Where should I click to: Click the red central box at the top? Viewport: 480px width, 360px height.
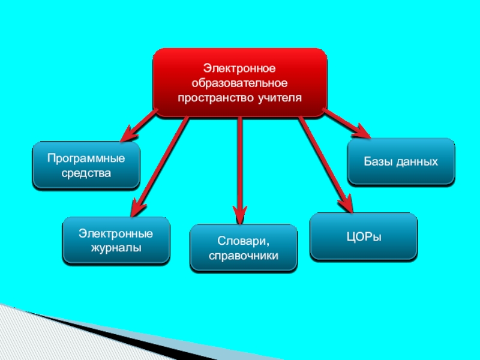240,82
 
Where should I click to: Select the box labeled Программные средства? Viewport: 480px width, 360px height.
86,166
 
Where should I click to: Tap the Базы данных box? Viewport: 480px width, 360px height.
401,161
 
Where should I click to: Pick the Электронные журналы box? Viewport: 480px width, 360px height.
116,241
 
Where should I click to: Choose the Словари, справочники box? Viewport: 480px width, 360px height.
244,248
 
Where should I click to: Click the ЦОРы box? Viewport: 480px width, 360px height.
364,236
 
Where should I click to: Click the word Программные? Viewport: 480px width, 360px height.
86,159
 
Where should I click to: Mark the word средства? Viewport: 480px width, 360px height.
86,173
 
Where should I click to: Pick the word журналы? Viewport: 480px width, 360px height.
116,247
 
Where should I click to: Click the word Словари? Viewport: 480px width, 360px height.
244,241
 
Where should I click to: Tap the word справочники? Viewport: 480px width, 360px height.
244,256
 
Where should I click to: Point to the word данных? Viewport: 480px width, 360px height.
418,161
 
